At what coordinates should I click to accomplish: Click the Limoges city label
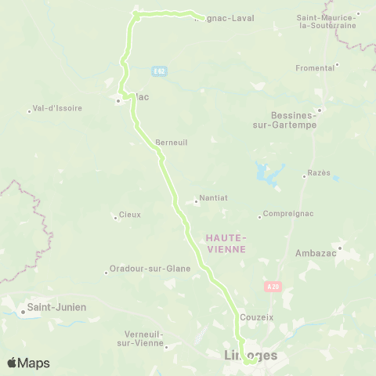click(245, 356)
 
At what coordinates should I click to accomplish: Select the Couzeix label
click(258, 317)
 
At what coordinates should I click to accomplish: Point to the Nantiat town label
click(214, 199)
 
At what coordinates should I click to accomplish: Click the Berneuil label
click(171, 143)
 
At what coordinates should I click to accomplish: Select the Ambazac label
click(315, 253)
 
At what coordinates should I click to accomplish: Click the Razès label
click(319, 172)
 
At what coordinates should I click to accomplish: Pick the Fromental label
click(316, 68)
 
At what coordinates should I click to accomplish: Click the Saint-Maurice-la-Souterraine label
click(327, 20)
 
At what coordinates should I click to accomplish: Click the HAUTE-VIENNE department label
click(226, 243)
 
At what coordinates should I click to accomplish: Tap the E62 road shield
click(160, 71)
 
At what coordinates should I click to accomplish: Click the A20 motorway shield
click(272, 287)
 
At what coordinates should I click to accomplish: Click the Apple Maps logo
click(28, 363)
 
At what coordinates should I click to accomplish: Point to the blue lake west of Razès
click(269, 174)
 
